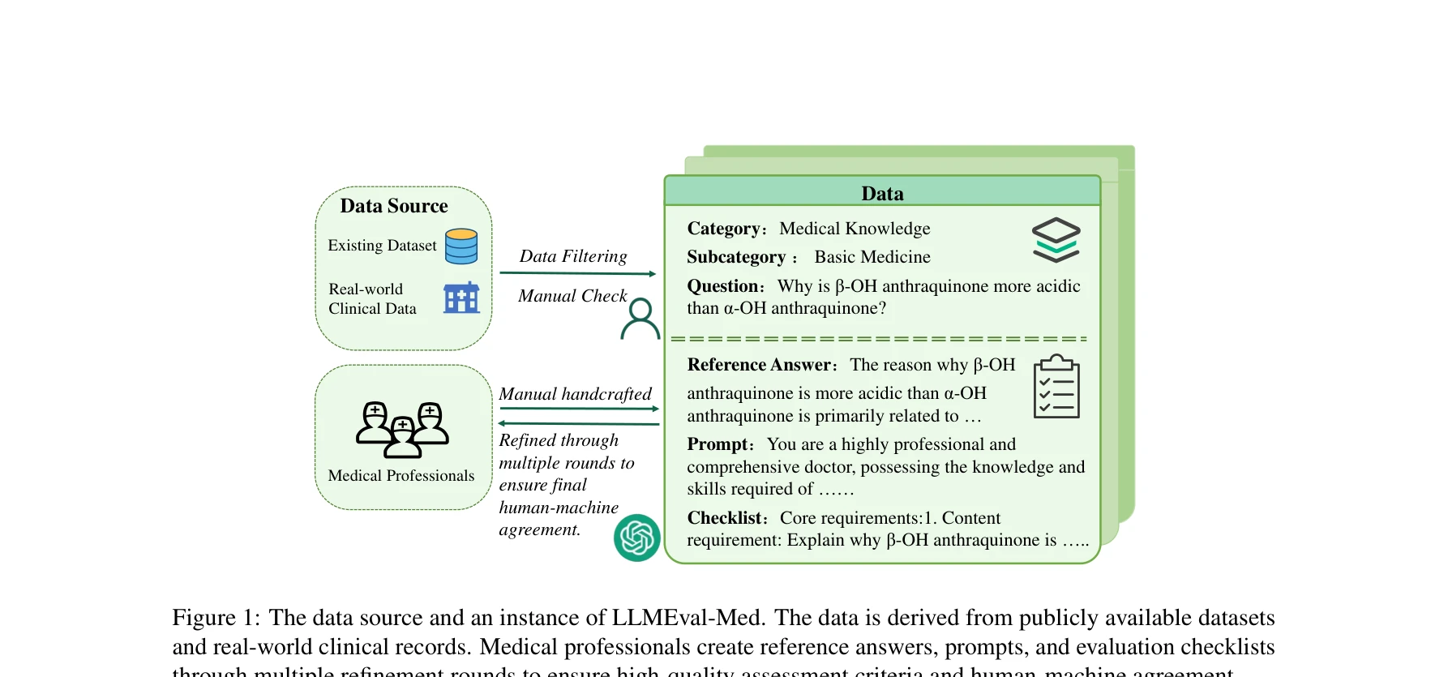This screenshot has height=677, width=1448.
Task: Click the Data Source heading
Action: click(x=393, y=206)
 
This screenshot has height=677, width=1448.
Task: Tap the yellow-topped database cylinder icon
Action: click(x=461, y=246)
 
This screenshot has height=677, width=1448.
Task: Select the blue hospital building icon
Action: click(x=461, y=298)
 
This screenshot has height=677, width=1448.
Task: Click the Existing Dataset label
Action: click(x=382, y=246)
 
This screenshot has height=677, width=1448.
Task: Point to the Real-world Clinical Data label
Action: click(x=372, y=299)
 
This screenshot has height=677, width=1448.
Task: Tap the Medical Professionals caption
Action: click(x=401, y=476)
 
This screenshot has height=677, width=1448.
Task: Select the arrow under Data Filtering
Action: click(x=577, y=274)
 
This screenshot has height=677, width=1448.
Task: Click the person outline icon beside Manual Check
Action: click(x=640, y=319)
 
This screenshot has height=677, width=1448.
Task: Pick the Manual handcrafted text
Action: click(x=575, y=394)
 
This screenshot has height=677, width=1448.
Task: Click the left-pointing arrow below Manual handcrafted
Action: click(x=578, y=423)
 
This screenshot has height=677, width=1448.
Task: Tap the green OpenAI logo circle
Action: click(x=637, y=538)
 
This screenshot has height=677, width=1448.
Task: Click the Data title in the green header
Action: click(x=882, y=194)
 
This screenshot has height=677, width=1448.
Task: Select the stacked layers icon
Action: click(x=1056, y=240)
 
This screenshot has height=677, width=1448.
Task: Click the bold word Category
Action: click(x=723, y=229)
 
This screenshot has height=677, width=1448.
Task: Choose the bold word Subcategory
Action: click(x=736, y=258)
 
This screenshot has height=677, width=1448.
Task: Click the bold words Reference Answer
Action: click(x=760, y=366)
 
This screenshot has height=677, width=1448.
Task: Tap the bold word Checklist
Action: click(x=725, y=518)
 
